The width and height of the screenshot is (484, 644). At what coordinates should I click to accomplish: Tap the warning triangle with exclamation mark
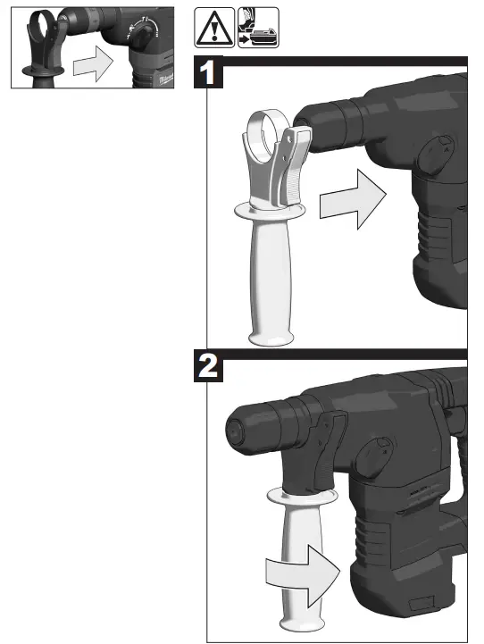[x=213, y=28]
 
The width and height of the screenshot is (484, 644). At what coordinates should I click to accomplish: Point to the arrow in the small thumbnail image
[x=92, y=64]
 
